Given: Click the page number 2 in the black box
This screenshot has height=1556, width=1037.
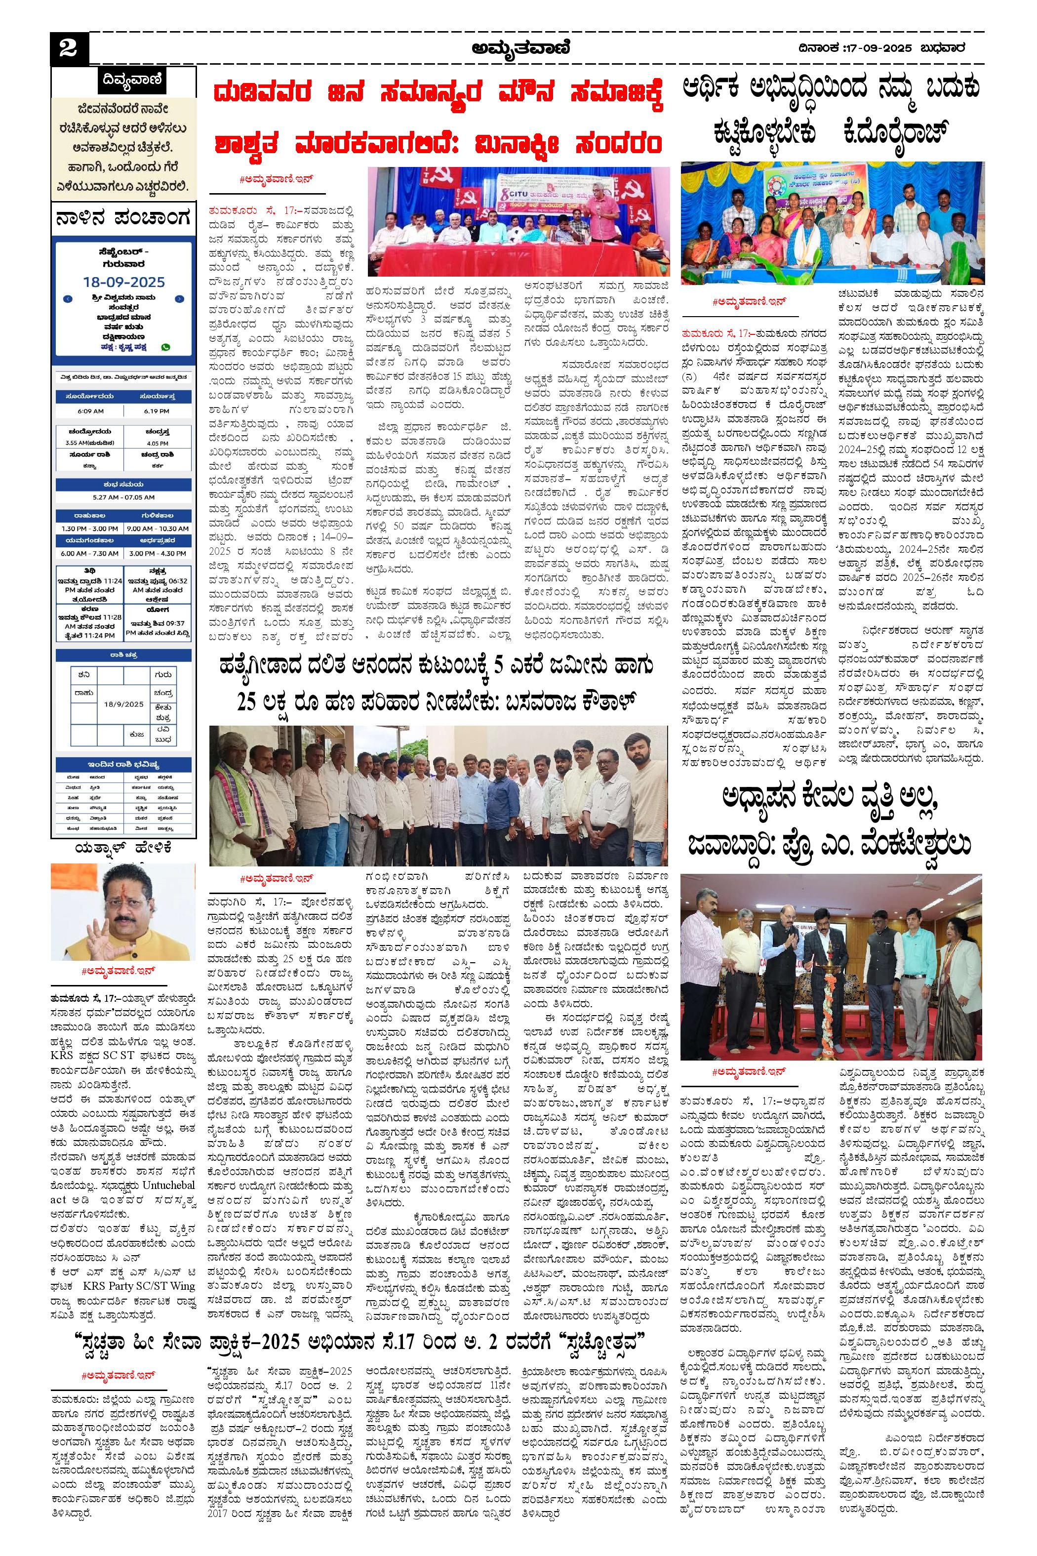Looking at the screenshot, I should [68, 48].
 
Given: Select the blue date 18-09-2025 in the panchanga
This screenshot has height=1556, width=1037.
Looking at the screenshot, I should [123, 282].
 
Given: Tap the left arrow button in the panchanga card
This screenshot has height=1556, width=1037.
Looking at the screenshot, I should [68, 299].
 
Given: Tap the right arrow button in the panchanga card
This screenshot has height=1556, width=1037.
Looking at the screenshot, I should [180, 299].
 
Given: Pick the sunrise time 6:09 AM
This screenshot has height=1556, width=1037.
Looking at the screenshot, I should [90, 411].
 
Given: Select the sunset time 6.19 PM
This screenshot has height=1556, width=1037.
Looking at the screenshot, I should [156, 411].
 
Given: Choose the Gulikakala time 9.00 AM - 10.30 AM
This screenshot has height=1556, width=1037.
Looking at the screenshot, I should [156, 529].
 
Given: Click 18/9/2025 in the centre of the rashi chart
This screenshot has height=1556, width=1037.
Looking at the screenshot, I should [123, 704].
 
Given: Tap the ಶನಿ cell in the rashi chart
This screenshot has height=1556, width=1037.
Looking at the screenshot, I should [83, 675].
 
